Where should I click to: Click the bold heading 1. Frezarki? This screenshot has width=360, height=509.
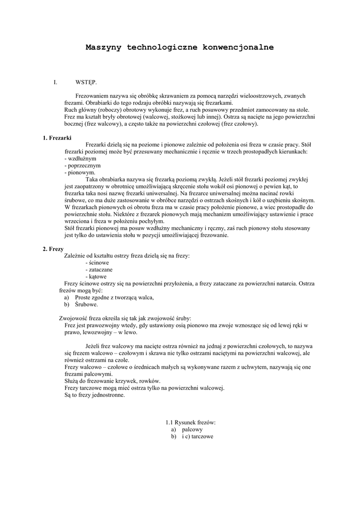[x=58, y=138]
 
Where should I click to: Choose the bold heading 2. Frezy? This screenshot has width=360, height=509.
[x=53, y=249]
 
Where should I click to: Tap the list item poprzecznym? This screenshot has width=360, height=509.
[x=84, y=166]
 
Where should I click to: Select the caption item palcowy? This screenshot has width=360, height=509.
[x=192, y=429]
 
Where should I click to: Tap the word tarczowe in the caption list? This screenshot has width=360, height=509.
[x=202, y=436]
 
